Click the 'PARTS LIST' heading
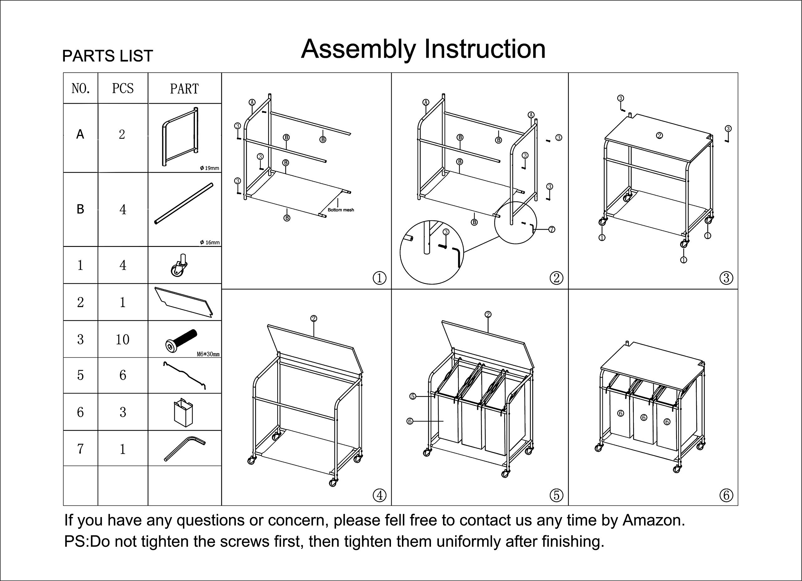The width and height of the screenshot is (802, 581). (107, 56)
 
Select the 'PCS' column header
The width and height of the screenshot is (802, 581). (123, 88)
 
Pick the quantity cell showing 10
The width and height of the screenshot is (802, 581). (122, 339)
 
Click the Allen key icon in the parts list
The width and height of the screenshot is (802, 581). (184, 448)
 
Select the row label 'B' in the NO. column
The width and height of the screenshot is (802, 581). (80, 209)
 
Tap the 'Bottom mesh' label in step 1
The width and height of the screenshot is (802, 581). (341, 210)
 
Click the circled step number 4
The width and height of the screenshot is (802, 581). (379, 495)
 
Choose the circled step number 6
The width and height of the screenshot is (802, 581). (726, 495)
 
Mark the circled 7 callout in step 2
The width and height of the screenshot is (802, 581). (552, 229)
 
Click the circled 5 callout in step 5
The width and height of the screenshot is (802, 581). (413, 396)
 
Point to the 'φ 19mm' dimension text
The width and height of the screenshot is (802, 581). (210, 168)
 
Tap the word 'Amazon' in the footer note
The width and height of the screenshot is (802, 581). (653, 520)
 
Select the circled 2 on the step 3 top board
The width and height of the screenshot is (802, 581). (659, 135)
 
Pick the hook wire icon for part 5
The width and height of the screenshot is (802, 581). (184, 375)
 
